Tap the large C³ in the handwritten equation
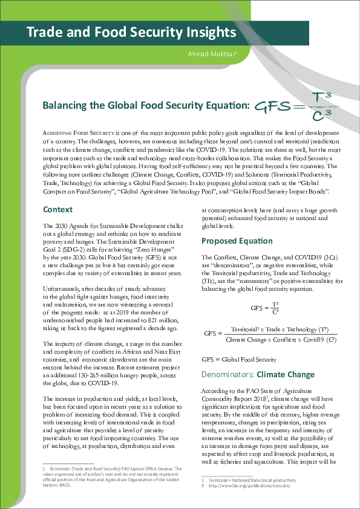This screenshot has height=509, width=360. coord(320,114)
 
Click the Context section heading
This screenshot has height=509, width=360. coord(59,209)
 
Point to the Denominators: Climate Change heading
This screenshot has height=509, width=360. coord(258,375)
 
